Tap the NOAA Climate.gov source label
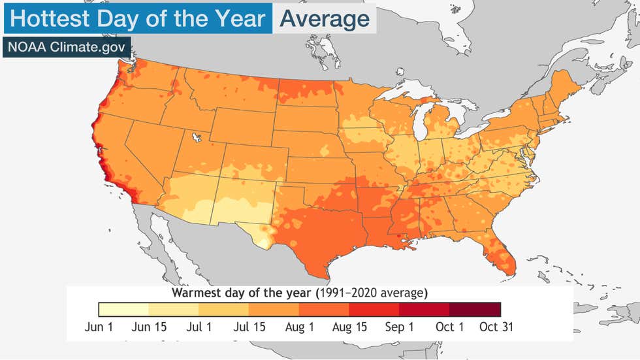tap(66, 47)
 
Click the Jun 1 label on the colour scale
tap(99, 327)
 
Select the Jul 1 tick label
tap(199, 327)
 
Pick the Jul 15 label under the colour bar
tap(249, 327)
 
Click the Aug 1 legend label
tap(299, 327)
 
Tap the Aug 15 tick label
tap(349, 327)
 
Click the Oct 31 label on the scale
tap(496, 327)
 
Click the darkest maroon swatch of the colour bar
tap(475, 309)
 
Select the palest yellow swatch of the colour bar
tap(124, 309)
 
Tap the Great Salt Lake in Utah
tap(195, 137)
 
